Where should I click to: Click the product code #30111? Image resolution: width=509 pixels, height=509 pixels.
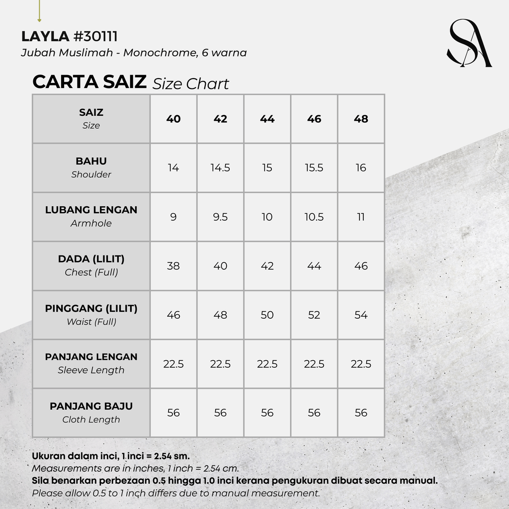coord(95,37)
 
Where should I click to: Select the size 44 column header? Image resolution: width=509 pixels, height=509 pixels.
coord(267,119)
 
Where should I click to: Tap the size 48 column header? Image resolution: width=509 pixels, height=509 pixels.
coord(361,119)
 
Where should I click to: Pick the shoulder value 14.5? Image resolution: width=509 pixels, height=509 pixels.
coord(220,168)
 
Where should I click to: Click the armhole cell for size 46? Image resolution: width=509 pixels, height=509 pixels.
coord(314,217)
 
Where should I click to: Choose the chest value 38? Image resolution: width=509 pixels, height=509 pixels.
coord(173,266)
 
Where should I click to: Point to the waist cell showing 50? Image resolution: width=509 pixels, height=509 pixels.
coord(267,315)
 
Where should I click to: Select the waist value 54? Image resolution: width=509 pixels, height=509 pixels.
coord(361,315)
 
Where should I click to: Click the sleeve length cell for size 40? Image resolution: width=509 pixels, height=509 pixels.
coord(173,364)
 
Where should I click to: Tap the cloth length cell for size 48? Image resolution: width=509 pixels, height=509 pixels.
coord(361,413)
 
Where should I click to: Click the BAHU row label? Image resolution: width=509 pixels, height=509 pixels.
coord(91,162)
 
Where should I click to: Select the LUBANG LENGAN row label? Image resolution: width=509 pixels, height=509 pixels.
coord(91,210)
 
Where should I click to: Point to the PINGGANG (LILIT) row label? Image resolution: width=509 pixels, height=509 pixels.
coord(91,309)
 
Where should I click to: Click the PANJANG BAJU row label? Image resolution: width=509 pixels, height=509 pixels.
coord(91,407)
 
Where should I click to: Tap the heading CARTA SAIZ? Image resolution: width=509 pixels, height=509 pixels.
coord(89,82)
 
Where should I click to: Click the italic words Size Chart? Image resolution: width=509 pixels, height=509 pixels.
coord(190,84)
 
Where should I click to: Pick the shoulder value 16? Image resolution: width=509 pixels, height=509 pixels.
coord(361,168)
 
